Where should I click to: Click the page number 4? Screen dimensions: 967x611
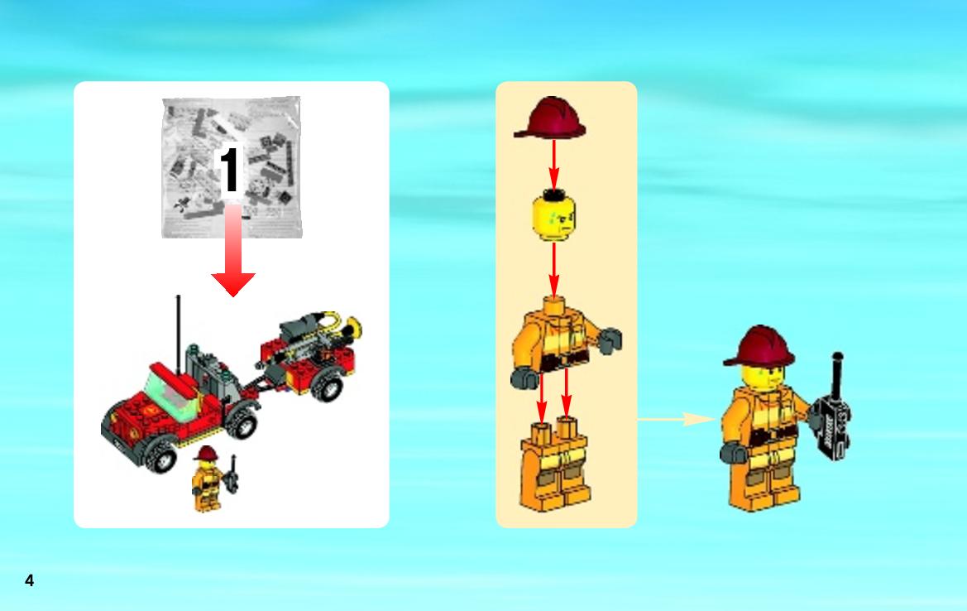click(x=29, y=580)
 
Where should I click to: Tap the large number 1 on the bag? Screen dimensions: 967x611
click(x=229, y=170)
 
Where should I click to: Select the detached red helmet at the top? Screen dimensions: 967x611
click(x=550, y=118)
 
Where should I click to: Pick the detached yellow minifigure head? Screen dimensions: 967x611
click(x=553, y=214)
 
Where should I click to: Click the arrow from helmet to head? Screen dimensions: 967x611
click(x=553, y=165)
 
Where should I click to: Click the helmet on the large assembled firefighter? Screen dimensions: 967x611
click(x=759, y=346)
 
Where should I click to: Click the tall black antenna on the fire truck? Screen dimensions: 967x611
click(x=179, y=334)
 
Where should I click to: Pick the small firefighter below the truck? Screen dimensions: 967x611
click(x=208, y=479)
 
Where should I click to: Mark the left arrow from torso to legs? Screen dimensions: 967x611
click(x=542, y=398)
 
